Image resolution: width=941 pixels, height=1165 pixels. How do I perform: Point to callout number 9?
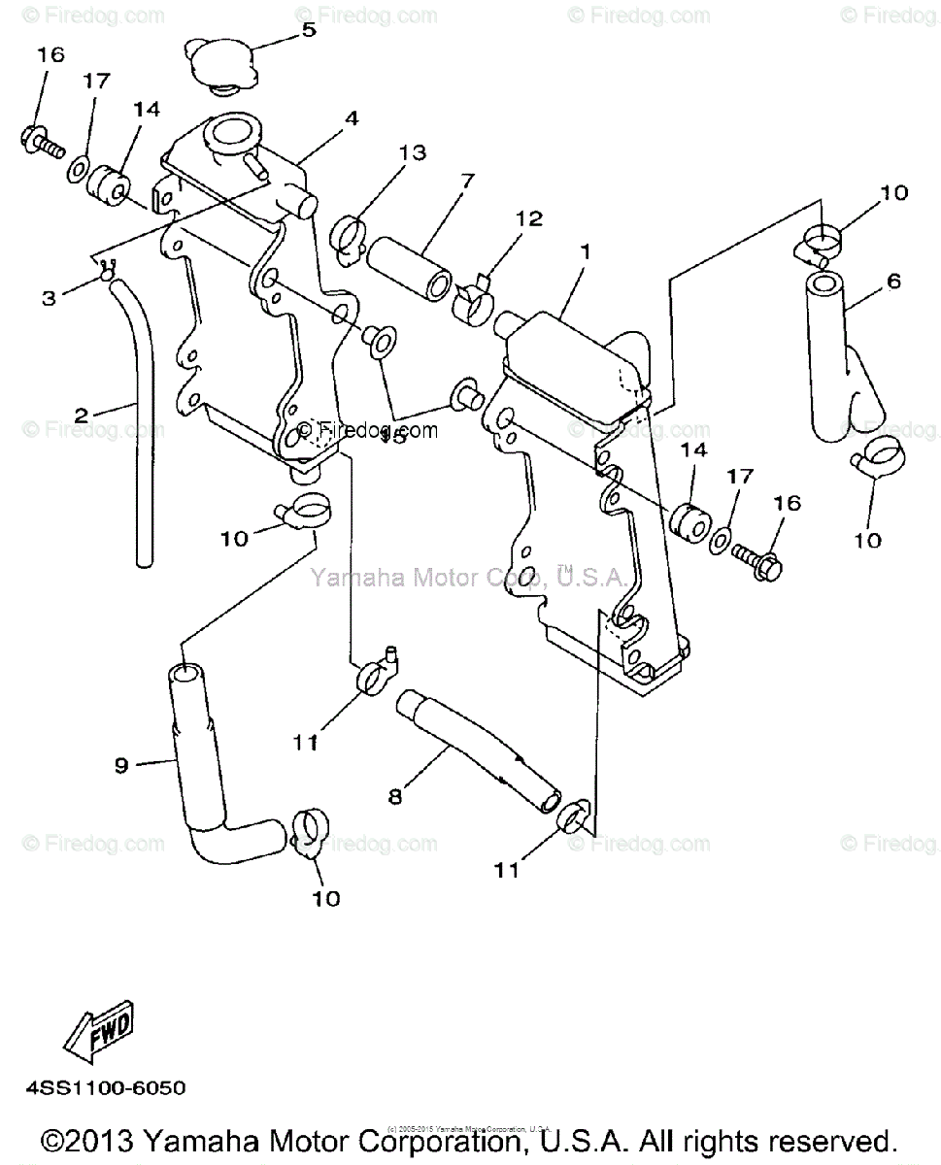121,766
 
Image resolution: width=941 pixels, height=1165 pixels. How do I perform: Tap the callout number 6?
893,282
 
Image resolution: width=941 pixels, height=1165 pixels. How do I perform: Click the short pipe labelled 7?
409,259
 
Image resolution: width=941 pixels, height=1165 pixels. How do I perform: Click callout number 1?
585,250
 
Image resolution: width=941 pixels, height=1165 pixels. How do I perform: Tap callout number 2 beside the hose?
82,415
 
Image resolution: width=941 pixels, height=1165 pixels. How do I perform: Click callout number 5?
308,30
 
